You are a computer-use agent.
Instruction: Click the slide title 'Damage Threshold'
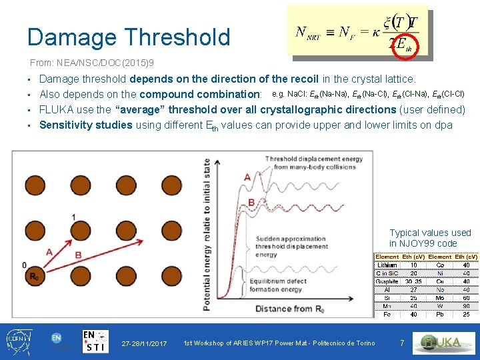tap(129, 37)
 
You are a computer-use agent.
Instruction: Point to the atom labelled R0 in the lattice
tap(33, 276)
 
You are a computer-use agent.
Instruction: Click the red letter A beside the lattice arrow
tap(49, 251)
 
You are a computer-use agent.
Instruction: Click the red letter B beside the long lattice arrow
tap(78, 255)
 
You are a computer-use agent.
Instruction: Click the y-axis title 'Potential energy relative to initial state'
tap(207, 233)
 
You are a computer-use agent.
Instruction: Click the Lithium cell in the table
tap(387, 265)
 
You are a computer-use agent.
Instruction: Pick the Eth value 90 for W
tap(466, 306)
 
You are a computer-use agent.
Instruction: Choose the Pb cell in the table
tap(439, 314)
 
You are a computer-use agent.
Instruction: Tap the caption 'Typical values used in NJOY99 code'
tap(430, 238)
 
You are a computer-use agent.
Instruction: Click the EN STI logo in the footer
tap(96, 341)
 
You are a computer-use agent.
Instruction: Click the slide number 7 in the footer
tap(401, 343)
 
